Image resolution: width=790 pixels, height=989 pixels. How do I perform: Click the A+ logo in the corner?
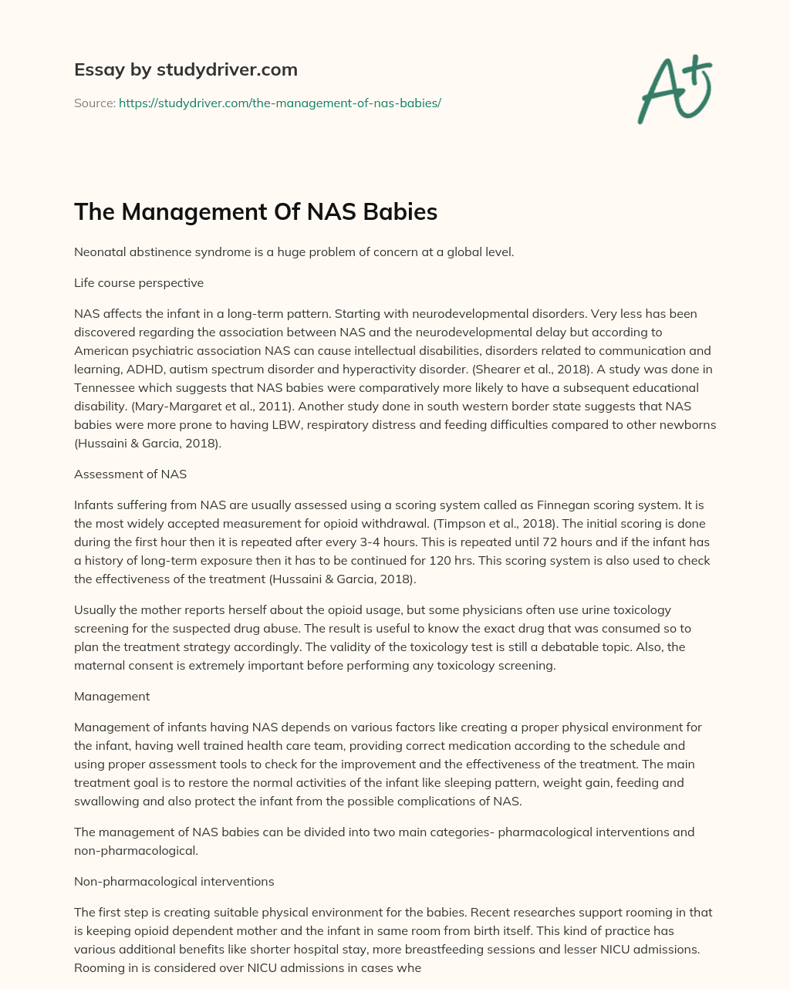point(674,89)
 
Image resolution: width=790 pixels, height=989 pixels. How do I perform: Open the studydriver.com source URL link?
point(280,103)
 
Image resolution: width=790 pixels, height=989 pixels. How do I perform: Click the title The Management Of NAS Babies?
point(255,211)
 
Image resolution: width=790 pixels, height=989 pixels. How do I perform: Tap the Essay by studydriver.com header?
point(186,69)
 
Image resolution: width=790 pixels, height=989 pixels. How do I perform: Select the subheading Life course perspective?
point(139,282)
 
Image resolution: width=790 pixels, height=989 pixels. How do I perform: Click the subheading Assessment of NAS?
point(130,474)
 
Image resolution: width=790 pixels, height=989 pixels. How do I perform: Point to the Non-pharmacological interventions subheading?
point(174,881)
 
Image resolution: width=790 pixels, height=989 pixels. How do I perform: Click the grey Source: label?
point(94,103)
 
